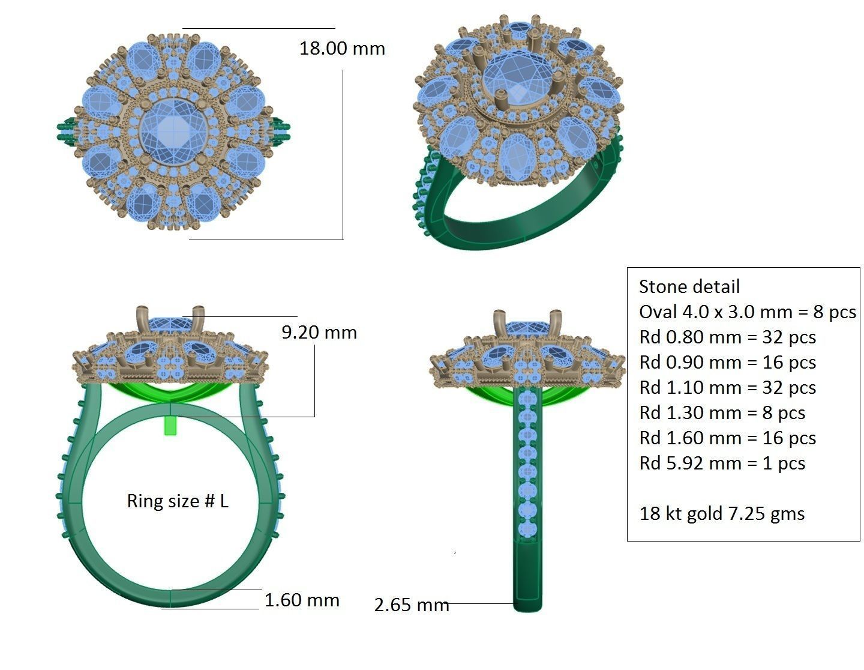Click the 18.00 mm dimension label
click(342, 49)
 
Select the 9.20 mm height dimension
click(319, 333)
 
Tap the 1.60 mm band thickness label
click(302, 600)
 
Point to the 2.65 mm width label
click(412, 605)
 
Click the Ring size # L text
click(178, 501)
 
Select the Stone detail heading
click(689, 286)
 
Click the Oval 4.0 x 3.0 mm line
click(747, 312)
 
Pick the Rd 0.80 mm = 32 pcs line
click(727, 337)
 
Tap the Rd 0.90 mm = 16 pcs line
click(727, 362)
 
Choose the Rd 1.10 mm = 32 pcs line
click(727, 387)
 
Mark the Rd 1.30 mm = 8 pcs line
click(722, 412)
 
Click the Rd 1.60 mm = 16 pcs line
click(727, 438)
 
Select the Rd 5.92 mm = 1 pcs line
click(722, 463)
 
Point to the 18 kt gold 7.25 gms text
click(722, 513)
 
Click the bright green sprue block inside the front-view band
click(172, 425)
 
